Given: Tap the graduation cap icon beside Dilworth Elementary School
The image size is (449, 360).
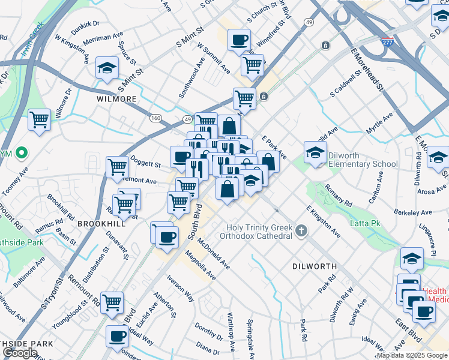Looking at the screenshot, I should point(315,154).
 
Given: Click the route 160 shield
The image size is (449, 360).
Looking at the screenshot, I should point(155,118).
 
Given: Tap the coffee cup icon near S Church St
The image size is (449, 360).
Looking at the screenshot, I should point(239,40).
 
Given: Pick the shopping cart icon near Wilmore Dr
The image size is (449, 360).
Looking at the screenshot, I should point(39,119).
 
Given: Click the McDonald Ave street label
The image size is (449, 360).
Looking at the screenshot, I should point(214,254).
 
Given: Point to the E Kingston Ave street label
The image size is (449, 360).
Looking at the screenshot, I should point(323,221).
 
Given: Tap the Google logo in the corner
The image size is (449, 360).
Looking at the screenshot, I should point(20,353).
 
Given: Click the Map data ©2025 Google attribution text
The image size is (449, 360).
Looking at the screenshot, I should point(411,355).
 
